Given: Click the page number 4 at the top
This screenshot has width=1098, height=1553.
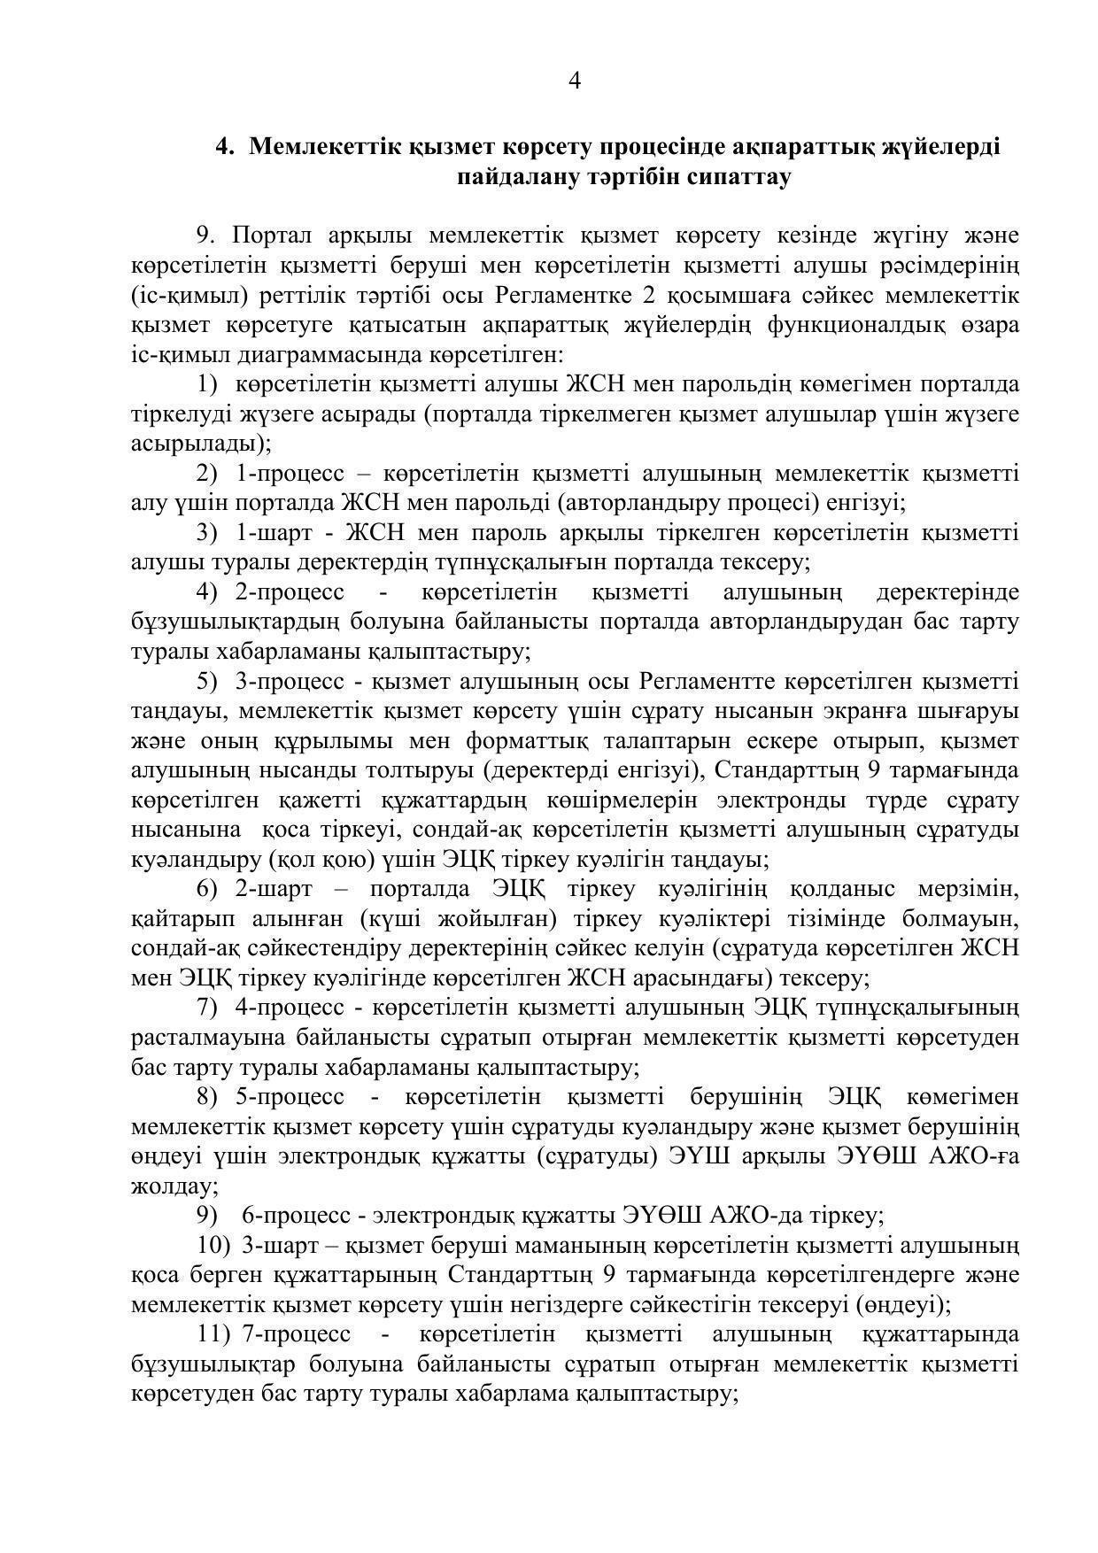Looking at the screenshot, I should tap(574, 81).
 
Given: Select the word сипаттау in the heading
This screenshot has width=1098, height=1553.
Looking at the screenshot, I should tap(738, 176).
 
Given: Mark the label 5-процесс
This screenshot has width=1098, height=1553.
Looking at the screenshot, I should tap(290, 1097).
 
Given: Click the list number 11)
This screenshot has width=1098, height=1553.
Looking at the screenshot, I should tap(214, 1334).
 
